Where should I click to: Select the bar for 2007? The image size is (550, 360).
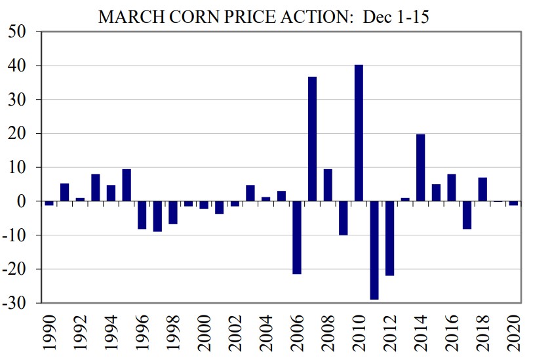312,139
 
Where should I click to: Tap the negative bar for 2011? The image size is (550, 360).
374,250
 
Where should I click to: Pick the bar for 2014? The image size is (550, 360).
421,167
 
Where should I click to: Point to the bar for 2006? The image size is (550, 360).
296,237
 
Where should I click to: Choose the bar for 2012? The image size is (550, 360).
389,238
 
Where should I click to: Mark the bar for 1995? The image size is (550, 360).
127,185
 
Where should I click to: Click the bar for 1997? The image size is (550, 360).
157,216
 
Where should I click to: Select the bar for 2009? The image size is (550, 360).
343,218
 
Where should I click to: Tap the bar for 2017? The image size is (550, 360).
467,215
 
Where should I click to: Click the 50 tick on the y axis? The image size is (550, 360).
22,32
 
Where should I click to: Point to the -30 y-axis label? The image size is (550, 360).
18,303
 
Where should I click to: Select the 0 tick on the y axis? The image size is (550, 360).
29,201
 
